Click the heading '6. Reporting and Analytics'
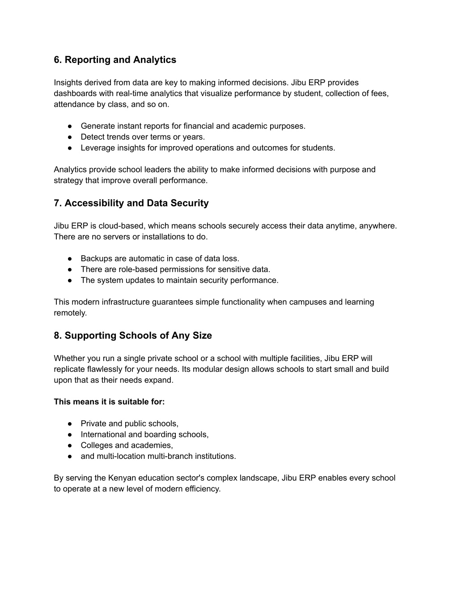pyautogui.click(x=115, y=60)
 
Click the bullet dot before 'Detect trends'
pyautogui.click(x=70, y=137)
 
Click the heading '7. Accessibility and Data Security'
pyautogui.click(x=131, y=203)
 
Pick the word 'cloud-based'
pyautogui.click(x=122, y=226)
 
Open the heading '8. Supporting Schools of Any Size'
pyautogui.click(x=133, y=336)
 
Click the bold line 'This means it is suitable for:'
pyautogui.click(x=109, y=402)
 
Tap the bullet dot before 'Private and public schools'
pyautogui.click(x=70, y=424)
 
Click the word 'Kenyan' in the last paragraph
pyautogui.click(x=122, y=478)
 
